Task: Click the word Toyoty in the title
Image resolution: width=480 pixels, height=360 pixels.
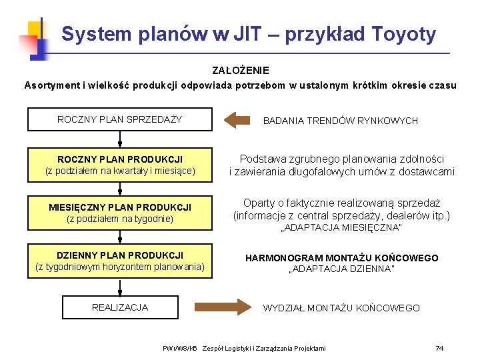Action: pos(404,33)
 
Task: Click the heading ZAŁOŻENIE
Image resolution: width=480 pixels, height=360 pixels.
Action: pos(241,70)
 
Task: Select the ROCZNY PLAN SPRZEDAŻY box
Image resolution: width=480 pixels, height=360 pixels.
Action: pos(120,119)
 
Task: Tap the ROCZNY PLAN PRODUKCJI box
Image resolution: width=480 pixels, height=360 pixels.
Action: pos(120,165)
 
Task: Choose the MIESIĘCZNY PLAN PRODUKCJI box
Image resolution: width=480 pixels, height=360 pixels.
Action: pos(120,213)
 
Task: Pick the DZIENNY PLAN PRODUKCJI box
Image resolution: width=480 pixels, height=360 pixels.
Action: pos(120,261)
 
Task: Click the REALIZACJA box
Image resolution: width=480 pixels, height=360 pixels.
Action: pos(120,307)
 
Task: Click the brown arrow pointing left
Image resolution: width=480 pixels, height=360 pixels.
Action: pos(236,120)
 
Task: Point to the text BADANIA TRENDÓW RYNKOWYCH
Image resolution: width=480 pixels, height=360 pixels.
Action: pos(341,121)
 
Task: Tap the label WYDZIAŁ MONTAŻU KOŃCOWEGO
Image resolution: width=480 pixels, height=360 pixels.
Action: pos(341,308)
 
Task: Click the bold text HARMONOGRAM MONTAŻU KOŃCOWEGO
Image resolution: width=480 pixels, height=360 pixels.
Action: pos(341,258)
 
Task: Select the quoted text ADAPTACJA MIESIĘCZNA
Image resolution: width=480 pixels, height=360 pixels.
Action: pos(341,228)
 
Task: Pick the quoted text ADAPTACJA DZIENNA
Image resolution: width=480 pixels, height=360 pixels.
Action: pos(341,269)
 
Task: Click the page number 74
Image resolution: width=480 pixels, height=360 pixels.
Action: pos(439,348)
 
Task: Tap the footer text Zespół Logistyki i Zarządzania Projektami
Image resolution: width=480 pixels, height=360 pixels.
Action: pos(264,348)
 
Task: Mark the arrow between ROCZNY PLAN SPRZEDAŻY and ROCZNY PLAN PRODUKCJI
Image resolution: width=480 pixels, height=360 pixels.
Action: pos(120,139)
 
